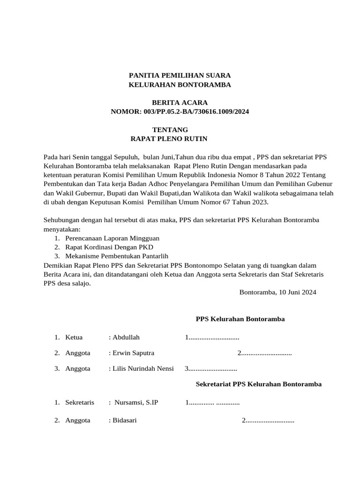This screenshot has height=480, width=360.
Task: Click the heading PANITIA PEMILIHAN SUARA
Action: (x=180, y=75)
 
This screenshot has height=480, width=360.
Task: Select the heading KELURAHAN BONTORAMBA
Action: (x=180, y=85)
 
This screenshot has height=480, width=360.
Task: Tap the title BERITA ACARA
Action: (x=180, y=102)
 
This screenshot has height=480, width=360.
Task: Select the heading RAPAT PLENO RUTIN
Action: (x=168, y=139)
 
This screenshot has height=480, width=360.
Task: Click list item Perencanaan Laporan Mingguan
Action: (x=112, y=238)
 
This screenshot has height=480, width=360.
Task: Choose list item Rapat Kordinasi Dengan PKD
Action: (x=109, y=247)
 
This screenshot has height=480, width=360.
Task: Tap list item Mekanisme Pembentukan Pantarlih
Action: (x=117, y=256)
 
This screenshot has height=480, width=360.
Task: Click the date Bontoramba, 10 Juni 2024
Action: (x=277, y=292)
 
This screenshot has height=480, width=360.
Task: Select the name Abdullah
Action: (x=126, y=337)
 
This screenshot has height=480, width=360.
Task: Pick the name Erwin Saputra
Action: (x=133, y=352)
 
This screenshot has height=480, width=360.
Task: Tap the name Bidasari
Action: (x=124, y=420)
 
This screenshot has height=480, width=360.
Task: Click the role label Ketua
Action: (x=74, y=337)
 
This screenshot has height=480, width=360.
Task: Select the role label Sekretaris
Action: (x=80, y=402)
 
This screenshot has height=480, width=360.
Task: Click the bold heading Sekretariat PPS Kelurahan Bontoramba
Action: (x=258, y=384)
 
